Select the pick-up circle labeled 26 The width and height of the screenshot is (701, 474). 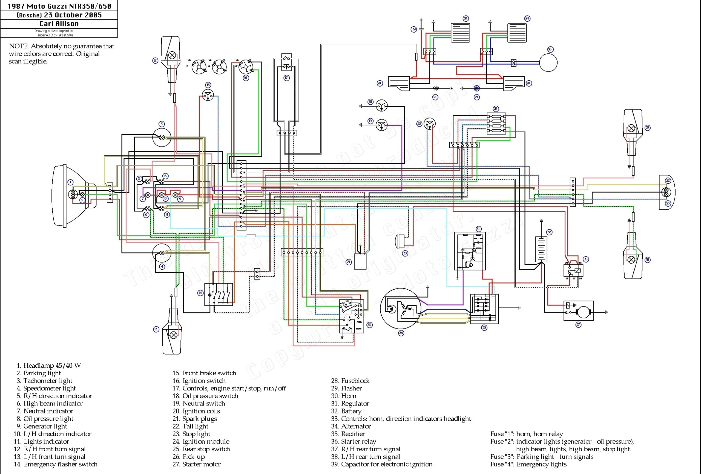coord(548,62)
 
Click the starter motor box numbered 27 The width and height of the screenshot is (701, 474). coord(578,311)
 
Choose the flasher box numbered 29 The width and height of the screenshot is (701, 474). coord(360,261)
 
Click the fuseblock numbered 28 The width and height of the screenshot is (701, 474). coord(496,124)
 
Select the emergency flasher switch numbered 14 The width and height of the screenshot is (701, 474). coord(219,294)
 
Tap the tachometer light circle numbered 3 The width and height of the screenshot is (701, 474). coord(162,137)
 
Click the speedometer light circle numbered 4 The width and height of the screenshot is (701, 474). coord(162,253)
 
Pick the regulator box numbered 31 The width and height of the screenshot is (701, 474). coord(470,251)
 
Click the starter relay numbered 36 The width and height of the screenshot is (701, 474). coord(573,270)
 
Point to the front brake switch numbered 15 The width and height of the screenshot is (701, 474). coord(208,95)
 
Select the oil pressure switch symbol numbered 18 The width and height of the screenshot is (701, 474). coord(381,106)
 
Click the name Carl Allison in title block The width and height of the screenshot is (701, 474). coord(59,24)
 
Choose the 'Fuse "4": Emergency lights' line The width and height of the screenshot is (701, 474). coord(528,464)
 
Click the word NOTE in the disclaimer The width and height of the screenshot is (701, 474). coord(19,46)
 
